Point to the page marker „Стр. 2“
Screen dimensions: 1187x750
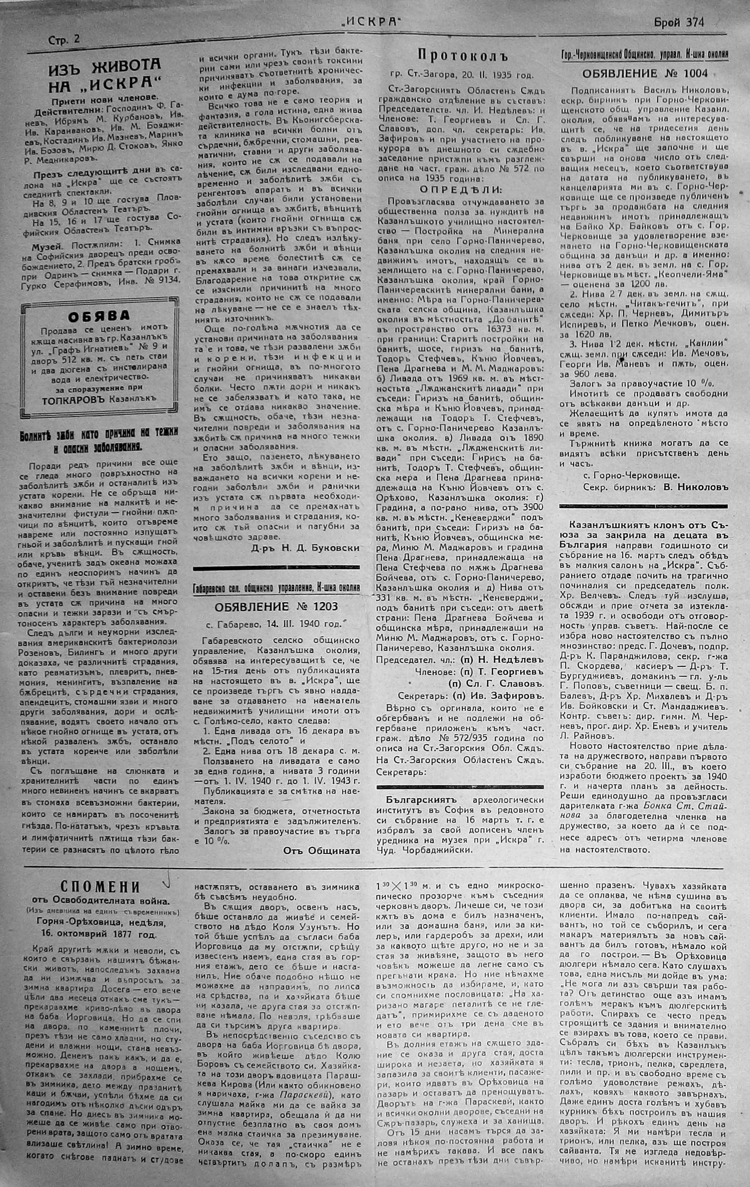64,40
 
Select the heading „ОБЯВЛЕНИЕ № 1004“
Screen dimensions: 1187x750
645,73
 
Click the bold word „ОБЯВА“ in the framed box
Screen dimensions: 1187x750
99,315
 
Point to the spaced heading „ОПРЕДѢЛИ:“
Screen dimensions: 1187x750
461,190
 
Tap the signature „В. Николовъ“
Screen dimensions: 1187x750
695,486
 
